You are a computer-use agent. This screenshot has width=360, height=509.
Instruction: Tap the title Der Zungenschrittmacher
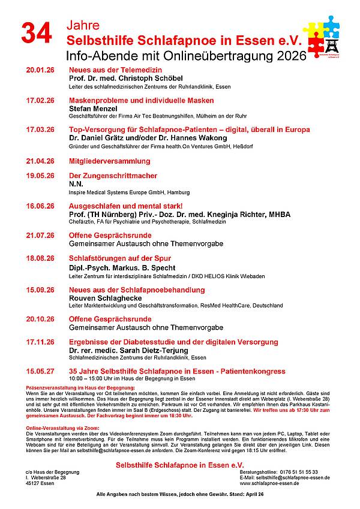click(x=113, y=176)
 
